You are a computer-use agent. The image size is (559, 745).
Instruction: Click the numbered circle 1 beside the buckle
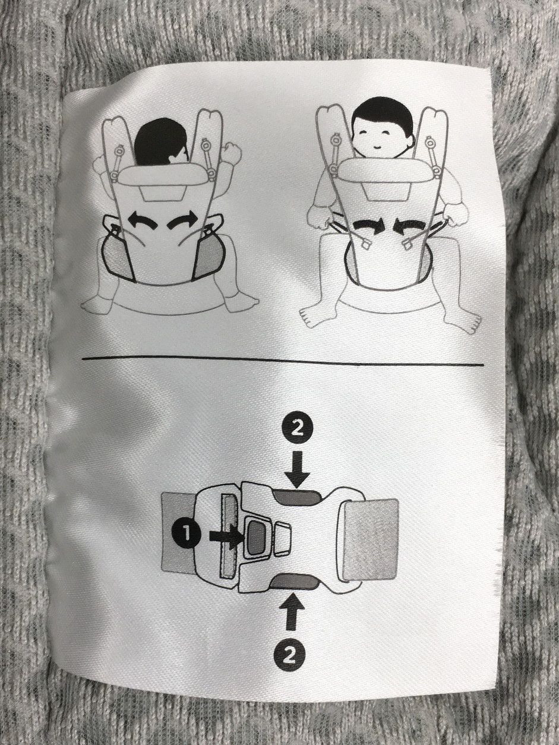point(187,535)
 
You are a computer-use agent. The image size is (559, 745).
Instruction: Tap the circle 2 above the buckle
point(296,430)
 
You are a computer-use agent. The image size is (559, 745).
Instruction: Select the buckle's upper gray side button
point(297,497)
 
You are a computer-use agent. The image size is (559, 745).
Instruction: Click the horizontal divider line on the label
point(283,361)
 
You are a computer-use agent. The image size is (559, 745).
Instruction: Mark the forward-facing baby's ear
point(410,141)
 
